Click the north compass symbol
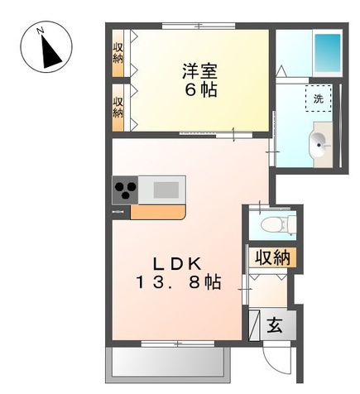[46, 47]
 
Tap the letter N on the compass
[41, 30]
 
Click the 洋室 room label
[200, 71]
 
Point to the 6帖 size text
[200, 89]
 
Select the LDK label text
[178, 265]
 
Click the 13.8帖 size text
[179, 282]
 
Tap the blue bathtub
[328, 53]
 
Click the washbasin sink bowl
[319, 145]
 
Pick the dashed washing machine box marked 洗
[319, 98]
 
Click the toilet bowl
[274, 223]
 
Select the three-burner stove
[125, 190]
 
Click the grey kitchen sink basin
[166, 190]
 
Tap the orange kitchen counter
[157, 212]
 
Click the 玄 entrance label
[275, 325]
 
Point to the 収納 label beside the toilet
[272, 257]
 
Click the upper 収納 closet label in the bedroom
[118, 53]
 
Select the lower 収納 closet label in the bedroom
[118, 108]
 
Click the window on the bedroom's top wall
[199, 26]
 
